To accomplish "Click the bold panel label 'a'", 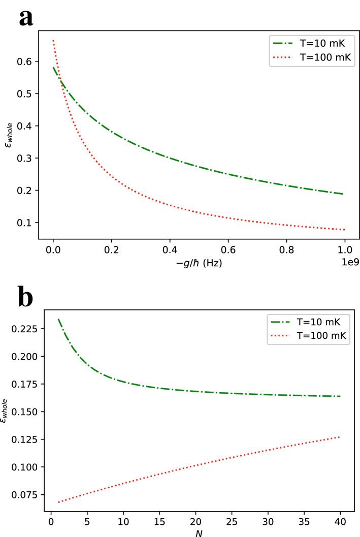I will (26, 18).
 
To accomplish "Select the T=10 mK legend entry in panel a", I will (316, 44).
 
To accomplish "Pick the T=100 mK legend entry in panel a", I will (316, 57).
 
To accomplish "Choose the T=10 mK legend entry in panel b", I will (316, 323).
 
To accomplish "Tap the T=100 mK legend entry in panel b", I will (316, 336).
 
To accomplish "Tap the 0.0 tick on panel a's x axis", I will (53, 250).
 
